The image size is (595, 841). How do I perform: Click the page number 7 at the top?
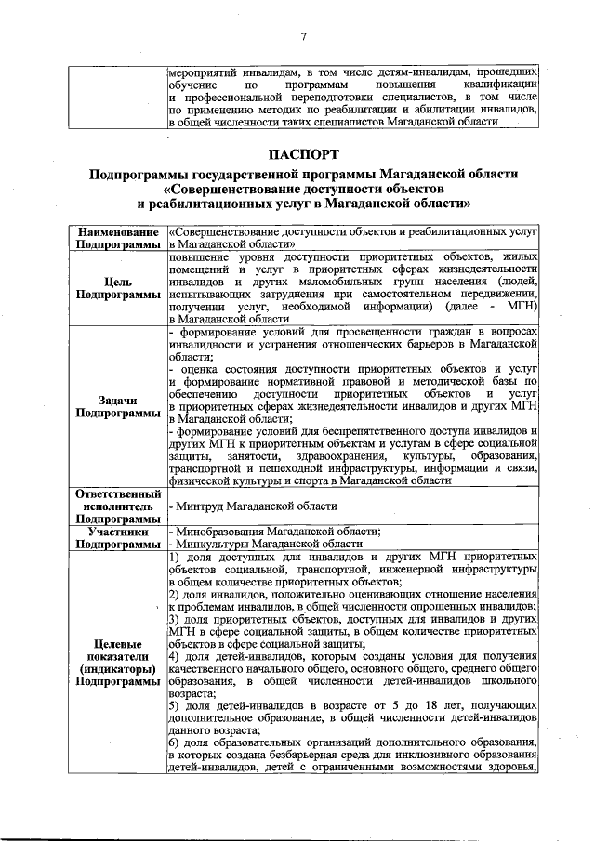[303, 36]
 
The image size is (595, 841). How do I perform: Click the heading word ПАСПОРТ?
[303, 153]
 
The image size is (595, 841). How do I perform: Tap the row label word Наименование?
[115, 230]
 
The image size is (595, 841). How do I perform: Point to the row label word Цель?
[119, 281]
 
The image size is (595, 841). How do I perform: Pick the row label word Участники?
[119, 531]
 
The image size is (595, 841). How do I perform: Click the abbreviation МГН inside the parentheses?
[522, 306]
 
